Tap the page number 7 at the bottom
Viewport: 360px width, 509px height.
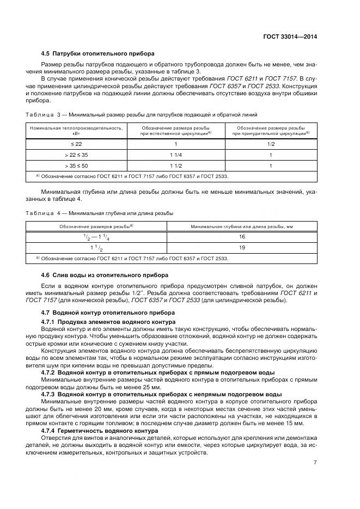[x=315, y=463]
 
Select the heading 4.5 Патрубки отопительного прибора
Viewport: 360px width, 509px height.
[x=98, y=53]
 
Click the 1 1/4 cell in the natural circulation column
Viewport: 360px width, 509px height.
[x=175, y=155]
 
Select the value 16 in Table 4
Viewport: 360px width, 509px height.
[x=242, y=237]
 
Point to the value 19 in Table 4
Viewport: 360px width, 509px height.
[x=242, y=247]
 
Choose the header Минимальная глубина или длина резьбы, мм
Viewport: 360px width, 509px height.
[x=242, y=225]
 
